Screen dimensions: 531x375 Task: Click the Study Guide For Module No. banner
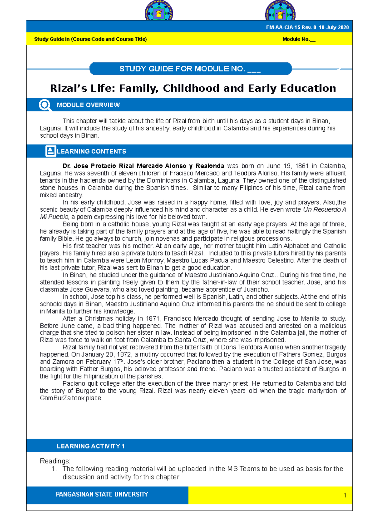[190, 69]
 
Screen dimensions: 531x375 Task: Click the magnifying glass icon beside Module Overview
[45, 105]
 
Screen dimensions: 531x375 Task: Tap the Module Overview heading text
[88, 105]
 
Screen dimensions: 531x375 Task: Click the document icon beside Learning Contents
[51, 151]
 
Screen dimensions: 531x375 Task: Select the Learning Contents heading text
[91, 151]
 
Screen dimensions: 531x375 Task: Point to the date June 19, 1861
[287, 166]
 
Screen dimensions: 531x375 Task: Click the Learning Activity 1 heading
[91, 446]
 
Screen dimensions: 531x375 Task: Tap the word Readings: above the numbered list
[55, 461]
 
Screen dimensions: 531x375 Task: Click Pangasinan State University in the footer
[102, 494]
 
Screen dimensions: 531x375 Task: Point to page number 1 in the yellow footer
[345, 495]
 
